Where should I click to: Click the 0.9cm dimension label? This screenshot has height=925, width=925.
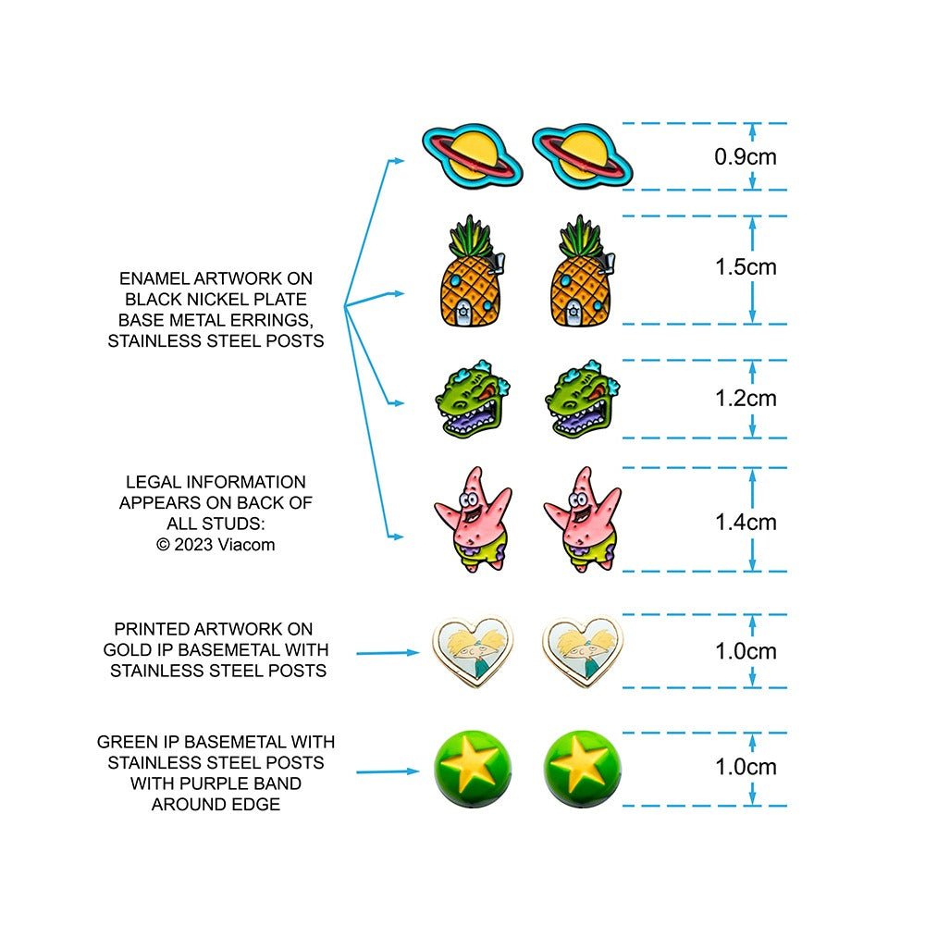click(x=745, y=157)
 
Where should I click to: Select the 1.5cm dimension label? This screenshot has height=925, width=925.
click(x=746, y=267)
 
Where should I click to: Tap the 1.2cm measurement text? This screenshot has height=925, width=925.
click(x=746, y=399)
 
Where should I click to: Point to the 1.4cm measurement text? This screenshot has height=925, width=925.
click(x=746, y=523)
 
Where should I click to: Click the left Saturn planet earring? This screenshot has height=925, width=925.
click(x=472, y=156)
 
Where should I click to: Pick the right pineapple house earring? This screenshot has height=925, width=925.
click(x=583, y=271)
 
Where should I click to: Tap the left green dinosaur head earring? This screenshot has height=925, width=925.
click(x=473, y=400)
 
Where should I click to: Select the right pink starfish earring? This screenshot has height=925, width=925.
click(x=582, y=520)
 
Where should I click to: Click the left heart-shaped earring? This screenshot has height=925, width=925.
click(x=473, y=652)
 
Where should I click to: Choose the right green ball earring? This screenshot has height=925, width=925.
click(x=582, y=769)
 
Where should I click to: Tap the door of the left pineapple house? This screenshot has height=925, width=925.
click(x=463, y=313)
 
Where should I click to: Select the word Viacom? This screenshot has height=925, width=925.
click(x=246, y=545)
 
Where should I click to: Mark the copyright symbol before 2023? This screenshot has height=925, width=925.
click(x=163, y=545)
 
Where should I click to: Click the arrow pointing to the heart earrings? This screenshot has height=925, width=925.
click(x=388, y=652)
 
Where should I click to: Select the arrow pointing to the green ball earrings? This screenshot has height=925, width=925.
click(x=388, y=771)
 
